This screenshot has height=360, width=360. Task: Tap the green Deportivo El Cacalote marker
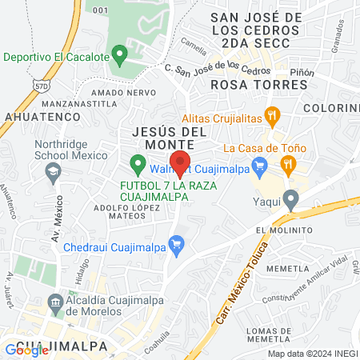pyautogui.click(x=120, y=56)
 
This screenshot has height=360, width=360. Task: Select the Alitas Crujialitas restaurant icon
pyautogui.click(x=273, y=116)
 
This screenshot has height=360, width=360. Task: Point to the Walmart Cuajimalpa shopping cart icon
pyautogui.click(x=258, y=167)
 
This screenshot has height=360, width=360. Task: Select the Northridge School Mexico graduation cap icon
pyautogui.click(x=54, y=170)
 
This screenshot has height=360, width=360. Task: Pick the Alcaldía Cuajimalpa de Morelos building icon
pyautogui.click(x=55, y=302)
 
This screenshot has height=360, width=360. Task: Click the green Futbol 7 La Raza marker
pyautogui.click(x=138, y=166)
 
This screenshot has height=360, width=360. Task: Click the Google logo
pyautogui.click(x=16, y=350)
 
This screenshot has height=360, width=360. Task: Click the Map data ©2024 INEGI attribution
pyautogui.click(x=312, y=354)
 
